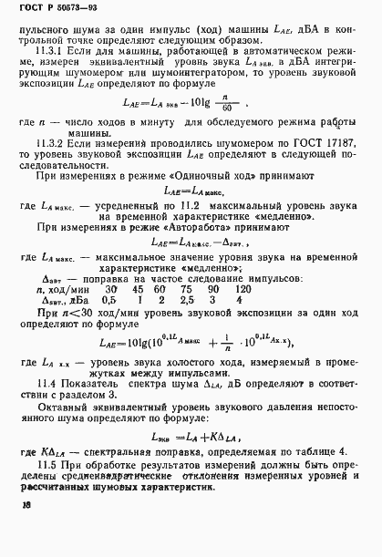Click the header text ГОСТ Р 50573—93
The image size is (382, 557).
pyautogui.click(x=55, y=10)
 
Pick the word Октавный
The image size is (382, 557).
pyautogui.click(x=68, y=413)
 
